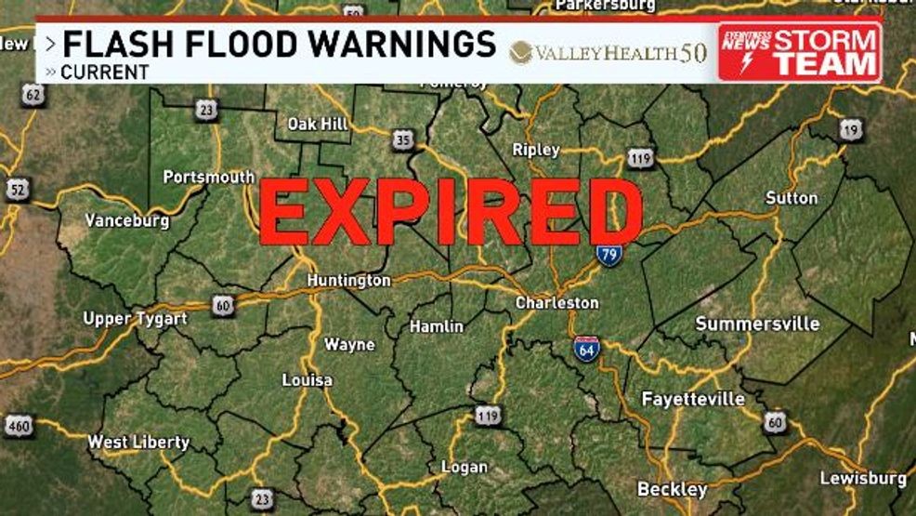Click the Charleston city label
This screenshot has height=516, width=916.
point(557,303)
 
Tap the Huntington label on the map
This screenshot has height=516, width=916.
point(349,280)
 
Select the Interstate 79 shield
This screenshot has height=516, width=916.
point(608,253)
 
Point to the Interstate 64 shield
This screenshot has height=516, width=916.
point(586,348)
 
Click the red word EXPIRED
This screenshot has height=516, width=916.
point(451,213)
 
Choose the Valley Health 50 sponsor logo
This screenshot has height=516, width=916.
point(608,52)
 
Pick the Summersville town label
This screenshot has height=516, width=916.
point(757,324)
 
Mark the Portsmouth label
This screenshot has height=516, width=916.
point(208,177)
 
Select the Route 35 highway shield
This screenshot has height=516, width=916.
point(401,140)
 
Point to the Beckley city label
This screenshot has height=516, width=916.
point(672,489)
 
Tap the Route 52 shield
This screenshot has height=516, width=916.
point(16,190)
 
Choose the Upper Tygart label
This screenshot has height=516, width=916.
point(135,319)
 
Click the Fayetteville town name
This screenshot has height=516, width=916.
point(693,399)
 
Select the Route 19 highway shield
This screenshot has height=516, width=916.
point(850,130)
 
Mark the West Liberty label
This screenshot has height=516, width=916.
point(138,443)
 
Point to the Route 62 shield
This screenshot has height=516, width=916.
point(33,94)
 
